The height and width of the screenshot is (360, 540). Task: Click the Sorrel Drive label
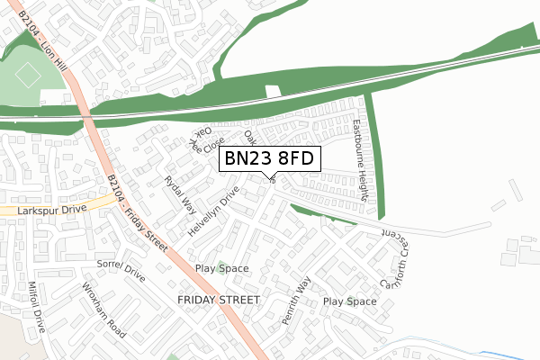pos(121,269)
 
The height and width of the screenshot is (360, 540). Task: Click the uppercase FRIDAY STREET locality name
pos(219,299)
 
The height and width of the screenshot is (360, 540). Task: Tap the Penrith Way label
pos(295,301)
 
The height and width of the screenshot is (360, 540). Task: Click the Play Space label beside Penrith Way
pos(349,301)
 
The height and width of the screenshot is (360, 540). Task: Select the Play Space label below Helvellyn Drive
pos(221,269)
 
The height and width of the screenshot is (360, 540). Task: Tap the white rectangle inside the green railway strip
pos(274,92)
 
